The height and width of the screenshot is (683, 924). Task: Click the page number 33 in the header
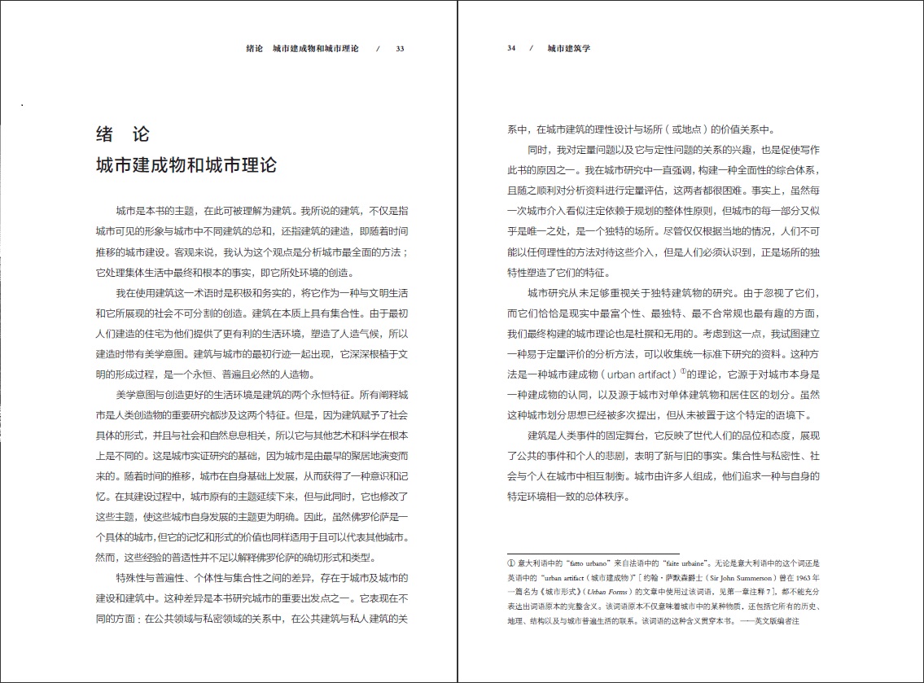pyautogui.click(x=400, y=48)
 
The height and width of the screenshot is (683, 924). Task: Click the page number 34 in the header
pyautogui.click(x=511, y=48)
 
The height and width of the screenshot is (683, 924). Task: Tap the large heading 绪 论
pyautogui.click(x=123, y=134)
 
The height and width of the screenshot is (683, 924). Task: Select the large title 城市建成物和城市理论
pyautogui.click(x=186, y=165)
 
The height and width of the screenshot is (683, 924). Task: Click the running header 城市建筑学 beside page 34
pyautogui.click(x=568, y=48)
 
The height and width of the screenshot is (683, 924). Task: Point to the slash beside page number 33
pyautogui.click(x=378, y=48)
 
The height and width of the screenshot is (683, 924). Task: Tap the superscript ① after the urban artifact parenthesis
pyautogui.click(x=684, y=373)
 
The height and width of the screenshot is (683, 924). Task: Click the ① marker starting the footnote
pyautogui.click(x=511, y=563)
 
